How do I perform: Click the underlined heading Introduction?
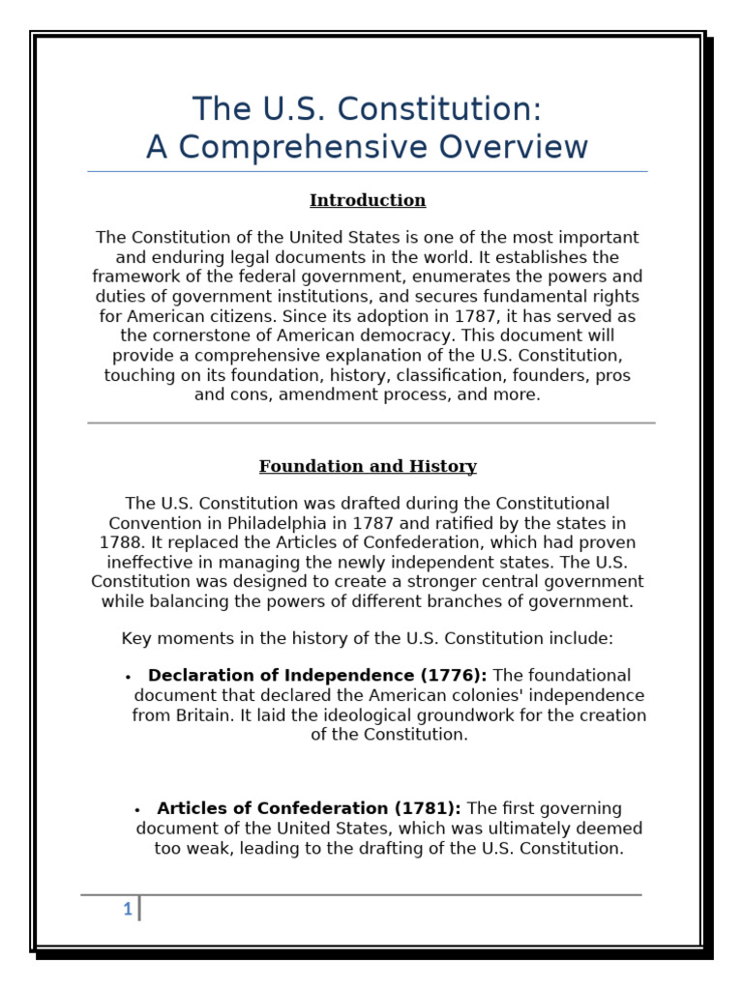(x=368, y=200)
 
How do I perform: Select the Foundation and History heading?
(x=368, y=467)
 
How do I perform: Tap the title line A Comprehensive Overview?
(x=367, y=147)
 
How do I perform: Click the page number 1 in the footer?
(x=127, y=909)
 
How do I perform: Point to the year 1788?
(x=121, y=542)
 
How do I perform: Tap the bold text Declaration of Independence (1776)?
(x=317, y=676)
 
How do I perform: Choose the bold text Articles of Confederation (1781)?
(x=309, y=808)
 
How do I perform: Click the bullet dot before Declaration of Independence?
(x=128, y=678)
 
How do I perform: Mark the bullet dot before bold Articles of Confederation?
(x=137, y=810)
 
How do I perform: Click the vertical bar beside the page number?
(x=139, y=909)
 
